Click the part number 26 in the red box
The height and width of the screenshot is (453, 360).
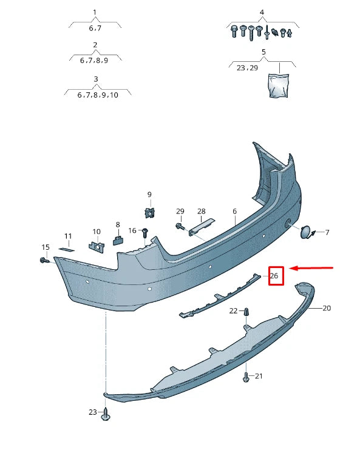[x=274, y=276]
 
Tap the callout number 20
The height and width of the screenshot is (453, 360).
[x=327, y=308]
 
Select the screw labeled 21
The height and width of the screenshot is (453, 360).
[x=246, y=377]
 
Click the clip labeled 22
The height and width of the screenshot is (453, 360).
[x=246, y=312]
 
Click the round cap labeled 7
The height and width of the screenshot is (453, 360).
[x=305, y=231]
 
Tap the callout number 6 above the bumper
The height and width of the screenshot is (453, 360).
[x=234, y=212]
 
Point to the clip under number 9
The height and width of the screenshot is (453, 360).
[x=148, y=211]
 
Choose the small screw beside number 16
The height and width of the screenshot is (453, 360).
[x=145, y=232]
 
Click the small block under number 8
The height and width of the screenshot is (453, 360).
[x=118, y=239]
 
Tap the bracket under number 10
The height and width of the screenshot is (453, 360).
[x=96, y=246]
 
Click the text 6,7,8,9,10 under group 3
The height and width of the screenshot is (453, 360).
[x=98, y=95]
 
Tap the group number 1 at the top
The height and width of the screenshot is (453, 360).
[x=95, y=12]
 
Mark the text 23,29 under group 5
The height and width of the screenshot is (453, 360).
[x=246, y=68]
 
